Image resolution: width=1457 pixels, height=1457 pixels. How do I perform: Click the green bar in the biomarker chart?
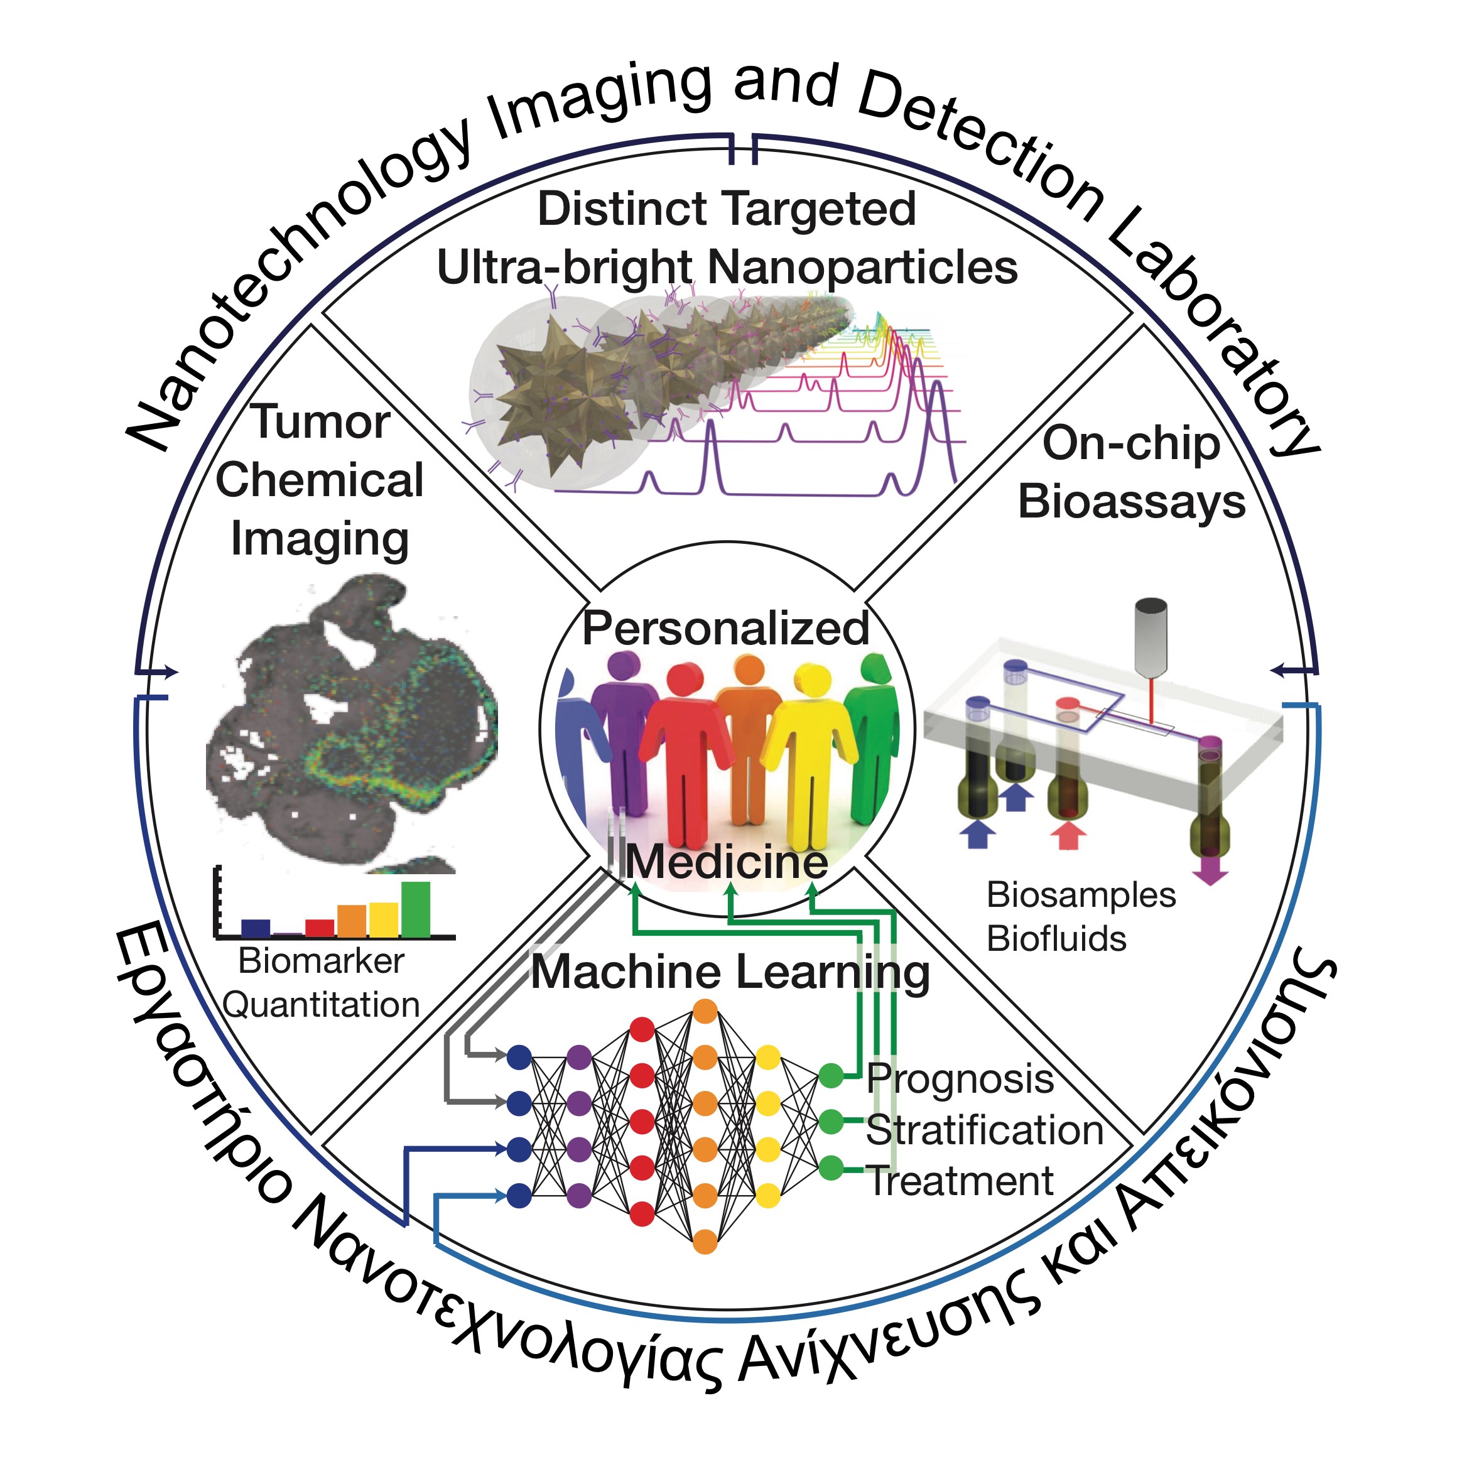point(416,909)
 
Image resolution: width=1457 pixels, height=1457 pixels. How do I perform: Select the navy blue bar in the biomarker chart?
point(256,928)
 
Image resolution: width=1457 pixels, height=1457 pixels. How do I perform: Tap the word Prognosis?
point(959,1078)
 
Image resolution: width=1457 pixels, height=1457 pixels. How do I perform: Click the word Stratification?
point(984,1130)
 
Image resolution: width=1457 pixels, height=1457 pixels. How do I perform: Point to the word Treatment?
point(959,1181)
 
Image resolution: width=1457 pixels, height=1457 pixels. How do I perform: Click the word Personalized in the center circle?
point(725,628)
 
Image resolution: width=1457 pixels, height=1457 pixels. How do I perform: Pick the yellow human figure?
point(811,747)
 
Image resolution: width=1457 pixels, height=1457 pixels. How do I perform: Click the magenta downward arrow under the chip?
point(1210,875)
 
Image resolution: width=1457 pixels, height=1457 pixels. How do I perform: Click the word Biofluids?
point(1056,939)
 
